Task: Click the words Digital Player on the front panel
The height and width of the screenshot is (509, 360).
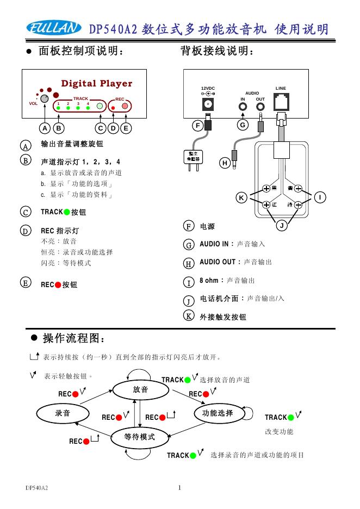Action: click(96, 84)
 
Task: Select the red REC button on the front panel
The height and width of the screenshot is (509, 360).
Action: click(125, 105)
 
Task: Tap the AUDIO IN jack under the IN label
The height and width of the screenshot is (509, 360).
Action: click(243, 105)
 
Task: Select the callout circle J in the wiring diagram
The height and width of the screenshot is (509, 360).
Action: click(282, 225)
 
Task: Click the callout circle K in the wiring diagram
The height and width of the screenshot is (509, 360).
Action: click(242, 197)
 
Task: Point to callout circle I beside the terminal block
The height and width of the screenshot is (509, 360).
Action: click(321, 197)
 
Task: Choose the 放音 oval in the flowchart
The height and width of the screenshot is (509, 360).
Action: click(140, 390)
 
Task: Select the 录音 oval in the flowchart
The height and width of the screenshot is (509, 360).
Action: click(63, 413)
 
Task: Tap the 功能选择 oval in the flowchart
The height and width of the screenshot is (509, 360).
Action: click(218, 413)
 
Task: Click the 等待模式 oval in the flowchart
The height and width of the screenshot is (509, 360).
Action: click(140, 437)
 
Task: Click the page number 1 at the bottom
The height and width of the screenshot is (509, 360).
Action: click(179, 487)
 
